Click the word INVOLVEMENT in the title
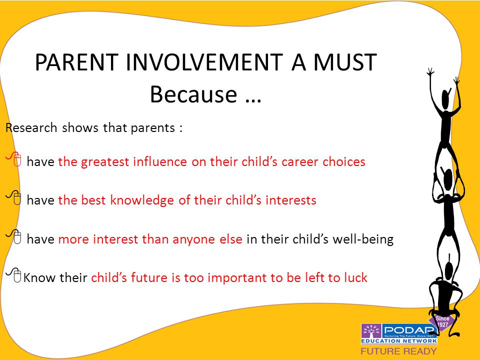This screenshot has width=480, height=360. [x=204, y=62]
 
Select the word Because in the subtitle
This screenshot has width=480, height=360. [x=193, y=94]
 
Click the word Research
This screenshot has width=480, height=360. [x=31, y=127]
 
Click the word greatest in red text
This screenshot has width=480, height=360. [x=104, y=162]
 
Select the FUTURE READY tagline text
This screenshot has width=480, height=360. [x=398, y=351]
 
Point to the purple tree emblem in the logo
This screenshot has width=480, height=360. [x=371, y=331]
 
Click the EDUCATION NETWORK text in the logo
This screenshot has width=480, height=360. [x=399, y=340]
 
